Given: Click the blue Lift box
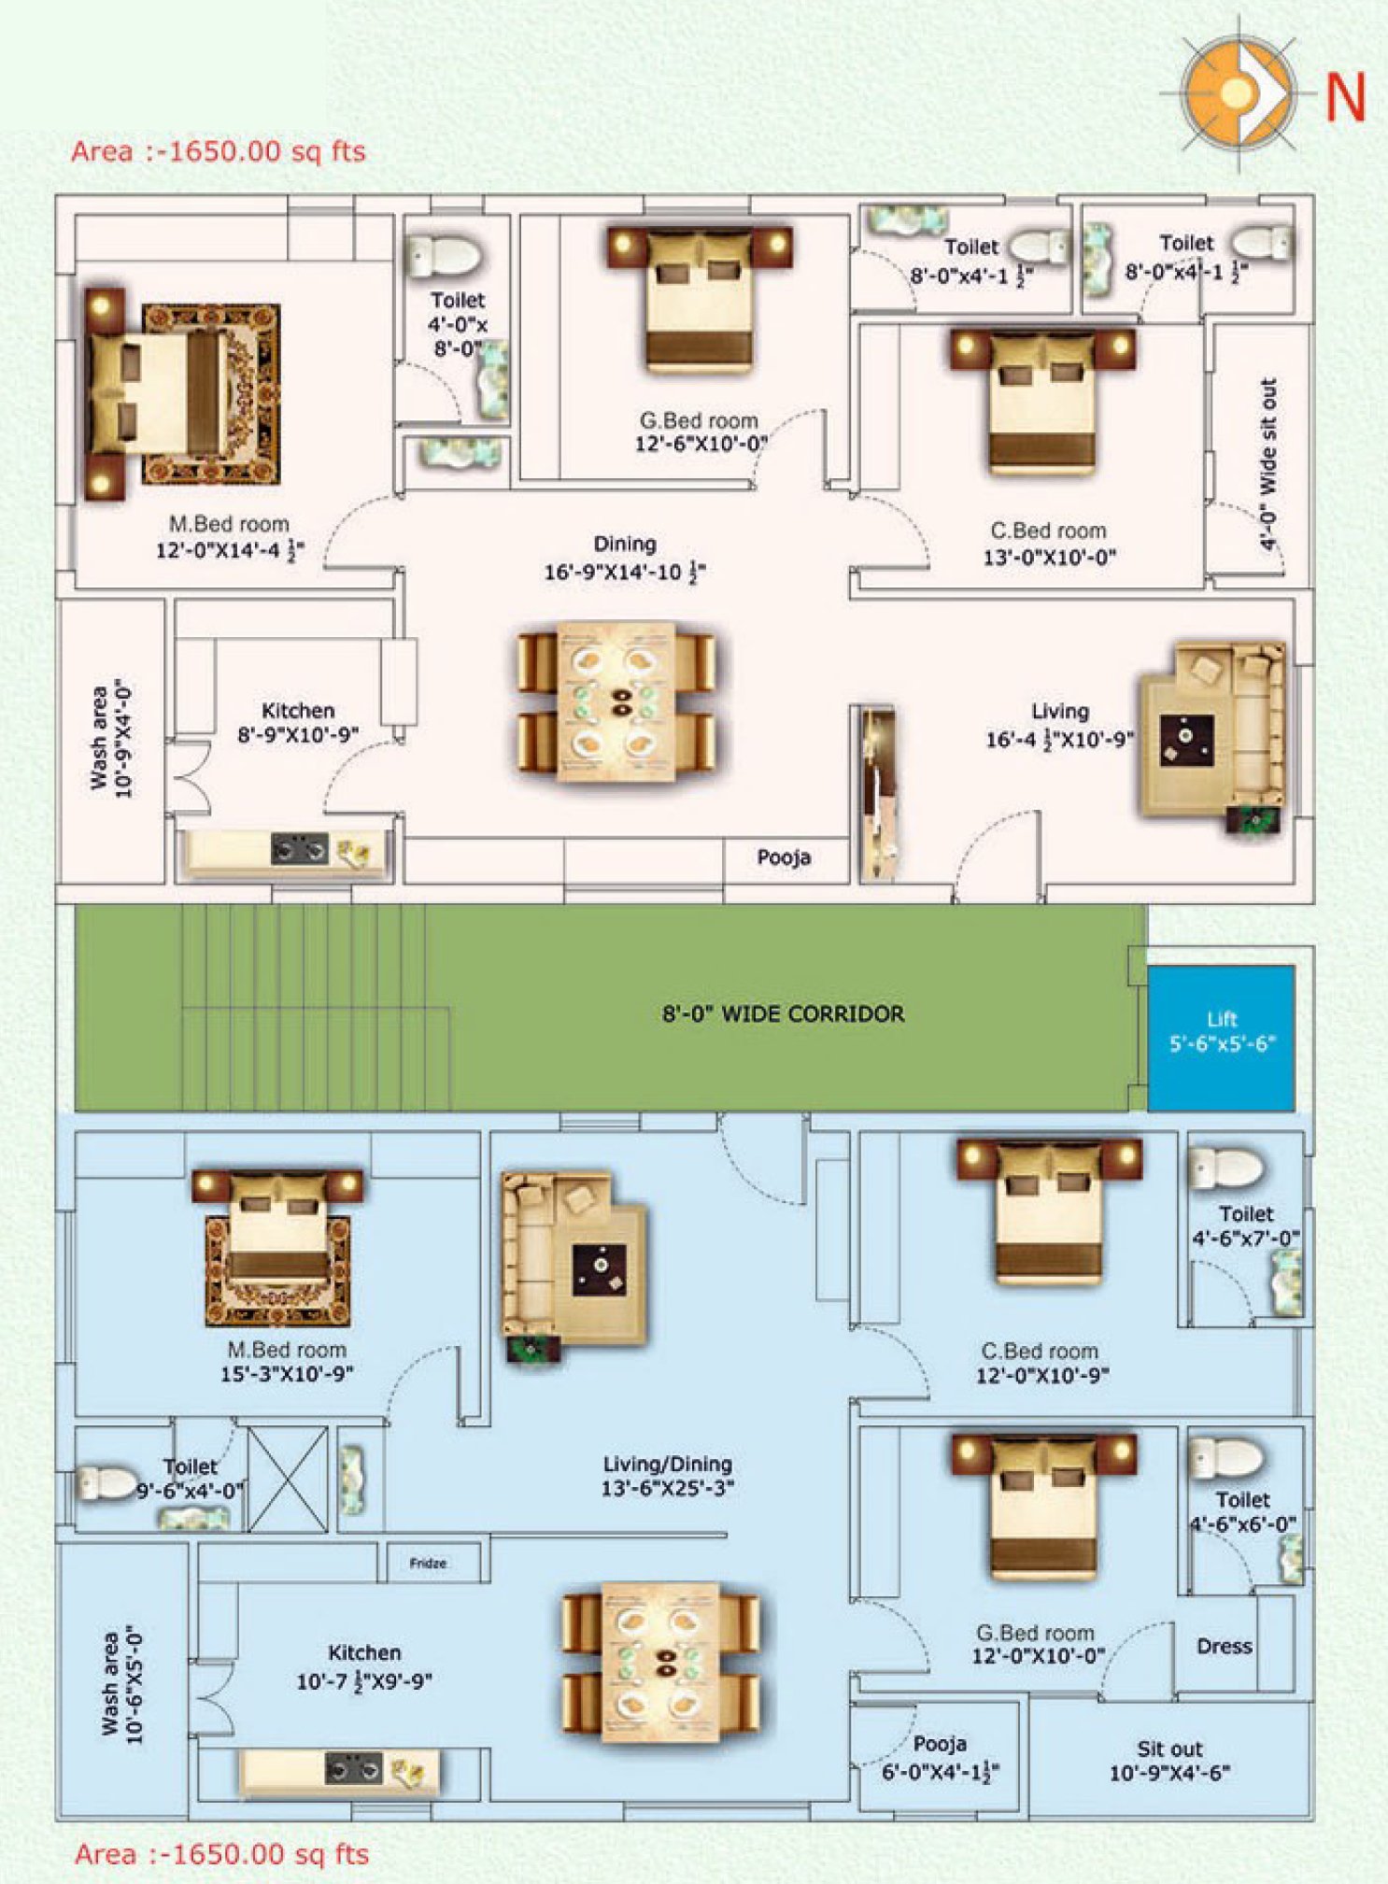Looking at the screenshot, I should [x=1221, y=1037].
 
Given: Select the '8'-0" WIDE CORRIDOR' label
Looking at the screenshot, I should [x=783, y=1013].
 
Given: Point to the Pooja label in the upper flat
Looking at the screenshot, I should [x=784, y=857].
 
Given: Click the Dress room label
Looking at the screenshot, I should [x=1224, y=1646].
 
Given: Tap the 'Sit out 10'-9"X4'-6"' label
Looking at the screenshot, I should [x=1169, y=1761].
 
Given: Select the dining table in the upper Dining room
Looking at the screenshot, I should [x=616, y=702].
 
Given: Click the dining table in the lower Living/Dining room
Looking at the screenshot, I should [x=660, y=1663].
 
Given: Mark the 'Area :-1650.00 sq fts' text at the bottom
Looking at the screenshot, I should [x=221, y=1854].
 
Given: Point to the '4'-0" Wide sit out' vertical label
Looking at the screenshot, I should [x=1267, y=463].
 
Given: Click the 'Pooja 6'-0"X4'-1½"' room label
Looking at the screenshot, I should [x=940, y=1757].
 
